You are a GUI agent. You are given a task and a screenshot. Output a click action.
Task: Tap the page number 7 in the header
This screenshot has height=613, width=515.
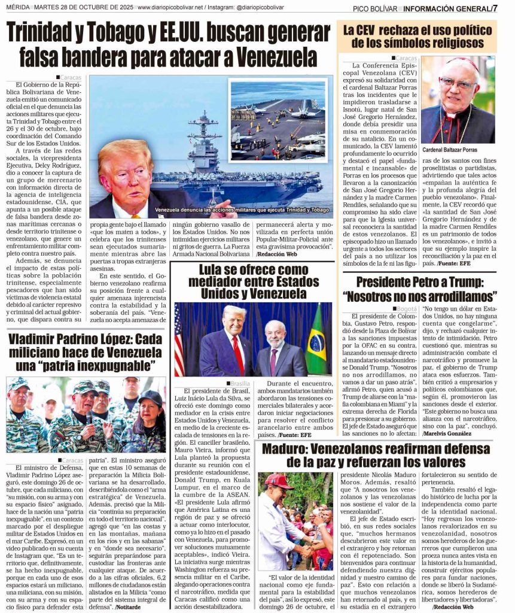pos(495,8)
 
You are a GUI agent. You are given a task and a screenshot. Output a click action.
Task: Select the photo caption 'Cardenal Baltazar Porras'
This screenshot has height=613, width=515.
pos(450,150)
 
